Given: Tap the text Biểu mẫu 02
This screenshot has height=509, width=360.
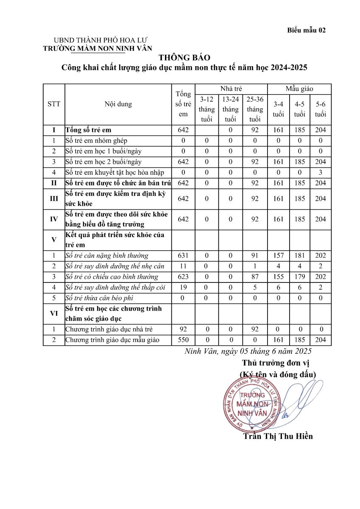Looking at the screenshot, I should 306,30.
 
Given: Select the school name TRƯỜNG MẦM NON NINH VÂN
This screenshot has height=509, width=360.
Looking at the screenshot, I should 97,48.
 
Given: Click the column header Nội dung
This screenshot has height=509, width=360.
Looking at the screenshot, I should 118,104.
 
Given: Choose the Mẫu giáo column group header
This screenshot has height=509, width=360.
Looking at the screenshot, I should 299,89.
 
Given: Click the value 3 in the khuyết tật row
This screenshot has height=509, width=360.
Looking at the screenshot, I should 321,172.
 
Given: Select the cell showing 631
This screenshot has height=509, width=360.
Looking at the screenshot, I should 183,255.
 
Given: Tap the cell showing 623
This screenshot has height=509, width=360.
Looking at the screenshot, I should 183,277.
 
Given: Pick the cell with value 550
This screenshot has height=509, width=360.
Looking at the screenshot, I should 183,340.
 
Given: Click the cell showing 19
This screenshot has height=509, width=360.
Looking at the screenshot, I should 183,287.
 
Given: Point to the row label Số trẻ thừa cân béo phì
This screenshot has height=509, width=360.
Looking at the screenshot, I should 99,298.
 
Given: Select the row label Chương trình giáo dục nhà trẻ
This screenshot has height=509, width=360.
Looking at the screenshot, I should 109,329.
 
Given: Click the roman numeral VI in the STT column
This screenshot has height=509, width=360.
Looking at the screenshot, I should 54,313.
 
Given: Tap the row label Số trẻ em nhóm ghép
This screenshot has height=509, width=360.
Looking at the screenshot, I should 96,140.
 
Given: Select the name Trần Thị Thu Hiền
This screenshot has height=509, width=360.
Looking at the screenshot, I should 278,436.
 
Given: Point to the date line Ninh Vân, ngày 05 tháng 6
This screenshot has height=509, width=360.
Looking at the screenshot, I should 248,351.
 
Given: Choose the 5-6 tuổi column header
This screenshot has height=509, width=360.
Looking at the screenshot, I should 321,109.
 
